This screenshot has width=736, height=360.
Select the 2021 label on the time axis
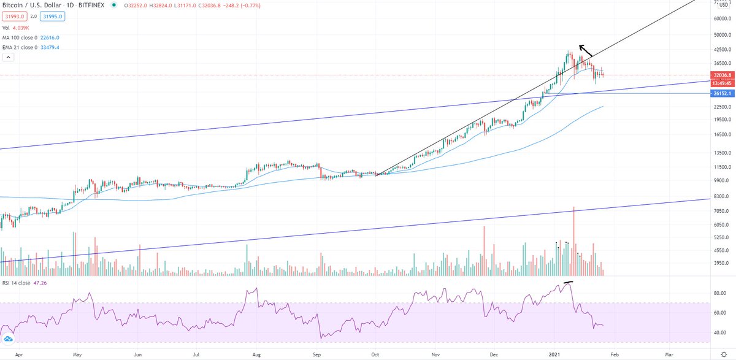(x=554, y=354)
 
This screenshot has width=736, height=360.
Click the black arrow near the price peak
(x=586, y=52)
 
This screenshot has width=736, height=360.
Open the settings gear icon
(x=724, y=354)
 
